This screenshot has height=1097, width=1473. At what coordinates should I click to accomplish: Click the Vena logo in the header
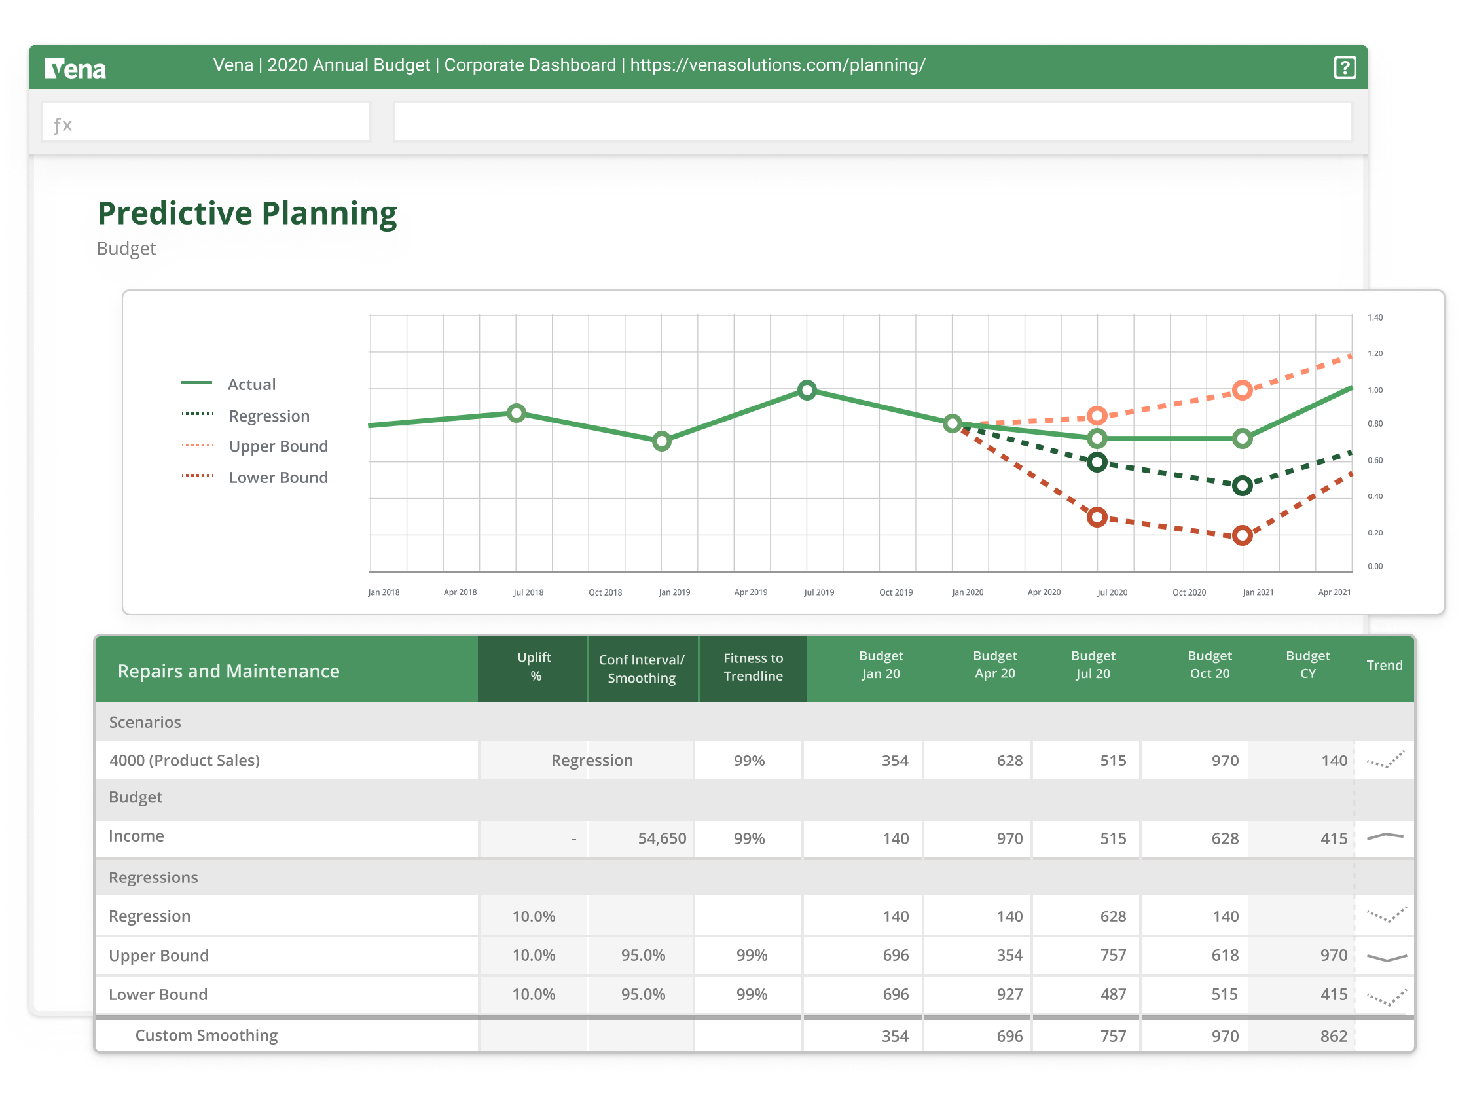[x=75, y=68]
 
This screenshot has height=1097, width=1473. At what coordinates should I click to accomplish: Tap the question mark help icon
[x=1345, y=67]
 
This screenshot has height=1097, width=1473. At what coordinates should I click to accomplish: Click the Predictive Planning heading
[x=247, y=214]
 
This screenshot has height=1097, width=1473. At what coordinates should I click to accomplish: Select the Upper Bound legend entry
[x=278, y=446]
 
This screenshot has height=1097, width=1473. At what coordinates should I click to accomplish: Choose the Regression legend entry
[x=269, y=416]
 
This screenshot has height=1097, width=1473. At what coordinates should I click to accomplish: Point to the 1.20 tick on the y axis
[x=1375, y=354]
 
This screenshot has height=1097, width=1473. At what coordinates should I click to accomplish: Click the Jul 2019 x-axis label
[x=818, y=592]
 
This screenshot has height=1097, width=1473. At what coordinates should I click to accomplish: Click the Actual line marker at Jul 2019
[x=807, y=391]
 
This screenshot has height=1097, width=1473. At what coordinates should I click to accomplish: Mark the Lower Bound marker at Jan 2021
[x=1242, y=535]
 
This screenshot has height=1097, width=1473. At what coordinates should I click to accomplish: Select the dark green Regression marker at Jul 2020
[x=1097, y=462]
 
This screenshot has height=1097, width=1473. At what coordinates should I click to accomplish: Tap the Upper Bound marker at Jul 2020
[x=1097, y=416]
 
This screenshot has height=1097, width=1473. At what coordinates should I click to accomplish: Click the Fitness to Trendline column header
[x=752, y=668]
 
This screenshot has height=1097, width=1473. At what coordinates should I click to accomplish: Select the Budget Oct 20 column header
[x=1209, y=665]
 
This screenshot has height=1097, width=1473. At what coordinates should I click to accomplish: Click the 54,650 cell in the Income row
[x=661, y=838]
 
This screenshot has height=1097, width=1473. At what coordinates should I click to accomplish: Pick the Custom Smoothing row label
[x=206, y=1035]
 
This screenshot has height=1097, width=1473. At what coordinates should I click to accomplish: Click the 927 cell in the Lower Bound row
[x=1009, y=994]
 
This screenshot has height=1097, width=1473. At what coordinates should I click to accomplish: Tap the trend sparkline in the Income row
[x=1385, y=836]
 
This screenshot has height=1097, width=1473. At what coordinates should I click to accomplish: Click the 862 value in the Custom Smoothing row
[x=1333, y=1037]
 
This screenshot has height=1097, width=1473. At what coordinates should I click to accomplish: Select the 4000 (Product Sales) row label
[x=185, y=761]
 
